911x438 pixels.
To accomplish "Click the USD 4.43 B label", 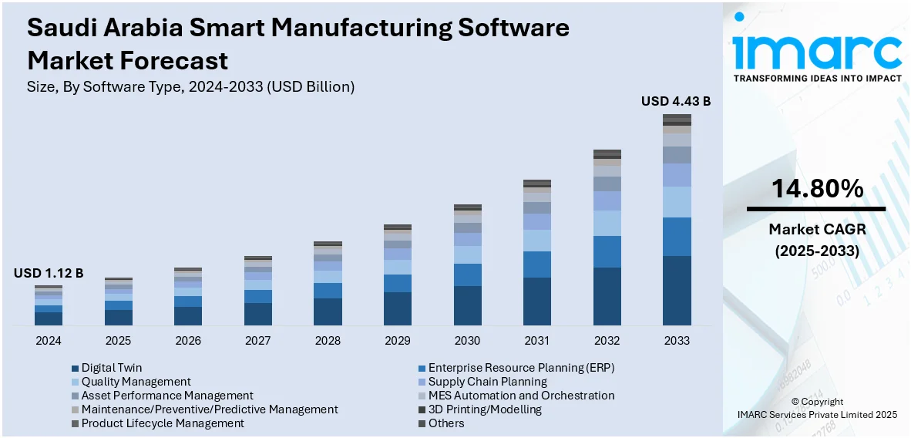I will (675, 101).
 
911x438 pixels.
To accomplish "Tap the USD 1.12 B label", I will (48, 273).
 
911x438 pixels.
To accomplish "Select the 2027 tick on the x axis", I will (257, 340).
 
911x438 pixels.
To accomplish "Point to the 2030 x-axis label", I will (467, 340).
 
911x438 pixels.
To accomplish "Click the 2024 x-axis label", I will (48, 340).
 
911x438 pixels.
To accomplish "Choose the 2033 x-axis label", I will (677, 340).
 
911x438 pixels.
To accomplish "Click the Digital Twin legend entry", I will (111, 368).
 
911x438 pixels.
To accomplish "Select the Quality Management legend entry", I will (136, 382).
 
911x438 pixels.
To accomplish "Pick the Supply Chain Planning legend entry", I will (487, 382).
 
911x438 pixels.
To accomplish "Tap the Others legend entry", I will (446, 423).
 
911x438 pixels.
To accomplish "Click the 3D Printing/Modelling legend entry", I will (485, 409).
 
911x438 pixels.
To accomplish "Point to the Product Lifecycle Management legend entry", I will (162, 423).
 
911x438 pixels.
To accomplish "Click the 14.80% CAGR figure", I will (815, 188).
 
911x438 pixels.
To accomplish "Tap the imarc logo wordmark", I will (816, 52).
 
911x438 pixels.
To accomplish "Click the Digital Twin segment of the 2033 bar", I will (677, 290).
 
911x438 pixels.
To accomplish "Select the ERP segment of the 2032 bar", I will (607, 251).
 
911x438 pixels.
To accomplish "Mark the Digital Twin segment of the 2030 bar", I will (467, 305).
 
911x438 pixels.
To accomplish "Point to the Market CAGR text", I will (815, 229).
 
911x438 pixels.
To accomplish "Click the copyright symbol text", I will (817, 402).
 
